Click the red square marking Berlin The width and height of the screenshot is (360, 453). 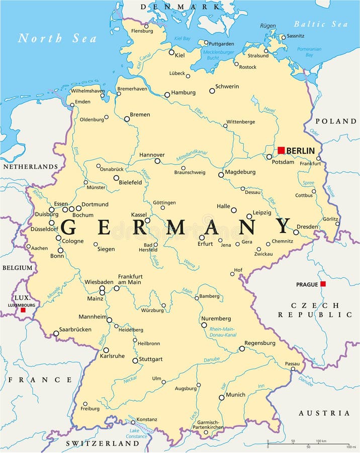tap(281, 150)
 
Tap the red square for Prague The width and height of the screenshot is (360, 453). tap(323, 284)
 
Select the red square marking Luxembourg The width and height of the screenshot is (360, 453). tap(23, 310)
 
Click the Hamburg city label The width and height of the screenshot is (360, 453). tap(183, 93)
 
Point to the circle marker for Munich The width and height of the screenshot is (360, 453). tap(221, 397)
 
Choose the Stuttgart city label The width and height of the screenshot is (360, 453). tap(151, 359)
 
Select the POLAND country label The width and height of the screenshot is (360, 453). tap(336, 121)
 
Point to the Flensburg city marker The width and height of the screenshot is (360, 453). tap(146, 26)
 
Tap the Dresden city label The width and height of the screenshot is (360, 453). tap(307, 226)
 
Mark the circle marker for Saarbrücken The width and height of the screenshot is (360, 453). tap(56, 333)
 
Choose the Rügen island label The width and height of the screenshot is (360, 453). tap(268, 26)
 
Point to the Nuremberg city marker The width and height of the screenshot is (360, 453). tap(204, 325)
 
